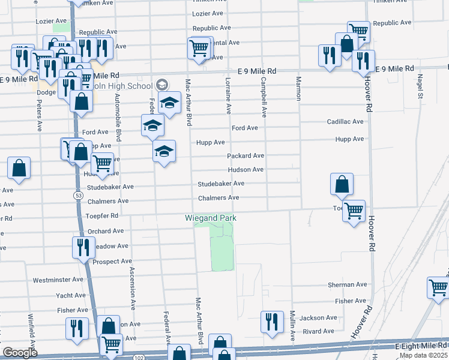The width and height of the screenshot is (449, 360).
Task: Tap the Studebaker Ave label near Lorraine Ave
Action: tap(221, 184)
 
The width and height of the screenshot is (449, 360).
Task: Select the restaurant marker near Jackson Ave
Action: tap(272, 322)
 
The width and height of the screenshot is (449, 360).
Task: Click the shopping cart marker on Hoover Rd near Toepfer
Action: tap(354, 211)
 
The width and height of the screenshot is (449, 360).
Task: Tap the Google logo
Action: tap(20, 353)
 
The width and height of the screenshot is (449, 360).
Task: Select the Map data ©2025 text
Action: tap(424, 355)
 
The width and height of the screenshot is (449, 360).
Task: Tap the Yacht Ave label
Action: tap(71, 295)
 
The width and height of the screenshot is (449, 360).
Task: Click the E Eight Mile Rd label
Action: tap(421, 346)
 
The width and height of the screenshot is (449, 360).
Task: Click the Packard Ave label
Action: tap(246, 156)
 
